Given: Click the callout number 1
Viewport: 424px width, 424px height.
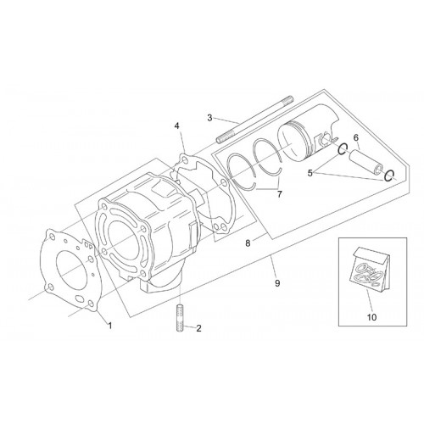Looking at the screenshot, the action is (110, 326).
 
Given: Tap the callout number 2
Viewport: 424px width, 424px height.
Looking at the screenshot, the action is (198, 328).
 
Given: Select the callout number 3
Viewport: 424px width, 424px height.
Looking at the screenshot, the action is (209, 118).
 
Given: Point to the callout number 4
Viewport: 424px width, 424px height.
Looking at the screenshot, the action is (176, 126).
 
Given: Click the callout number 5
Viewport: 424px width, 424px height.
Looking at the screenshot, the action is (310, 173).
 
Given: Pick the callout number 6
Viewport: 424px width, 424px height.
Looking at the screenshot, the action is (356, 137).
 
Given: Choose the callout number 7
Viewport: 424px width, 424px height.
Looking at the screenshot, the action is (280, 194).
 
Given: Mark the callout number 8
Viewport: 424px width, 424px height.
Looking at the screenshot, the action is (248, 243).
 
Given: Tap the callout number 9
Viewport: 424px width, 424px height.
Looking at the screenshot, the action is (277, 283).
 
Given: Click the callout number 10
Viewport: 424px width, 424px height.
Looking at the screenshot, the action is (372, 317).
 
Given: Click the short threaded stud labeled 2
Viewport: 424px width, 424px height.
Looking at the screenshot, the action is (180, 318).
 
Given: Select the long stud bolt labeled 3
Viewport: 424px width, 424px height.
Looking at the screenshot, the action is (255, 119).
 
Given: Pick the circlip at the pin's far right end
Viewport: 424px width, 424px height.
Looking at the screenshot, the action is (390, 176).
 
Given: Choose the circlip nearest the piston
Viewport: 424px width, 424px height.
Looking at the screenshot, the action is (343, 149).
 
